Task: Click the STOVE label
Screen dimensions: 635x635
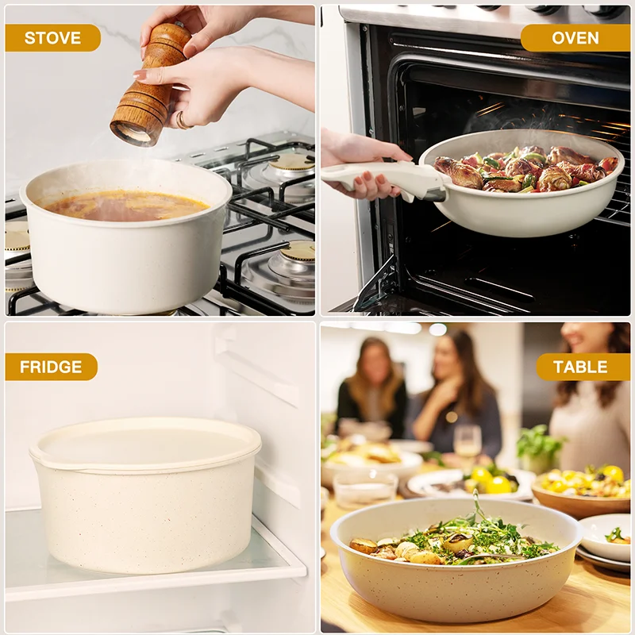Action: pos(52,37)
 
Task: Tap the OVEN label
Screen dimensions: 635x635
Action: pos(574,37)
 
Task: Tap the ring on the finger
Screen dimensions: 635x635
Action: pos(182,121)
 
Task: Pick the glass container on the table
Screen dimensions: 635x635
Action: pos(365,489)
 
